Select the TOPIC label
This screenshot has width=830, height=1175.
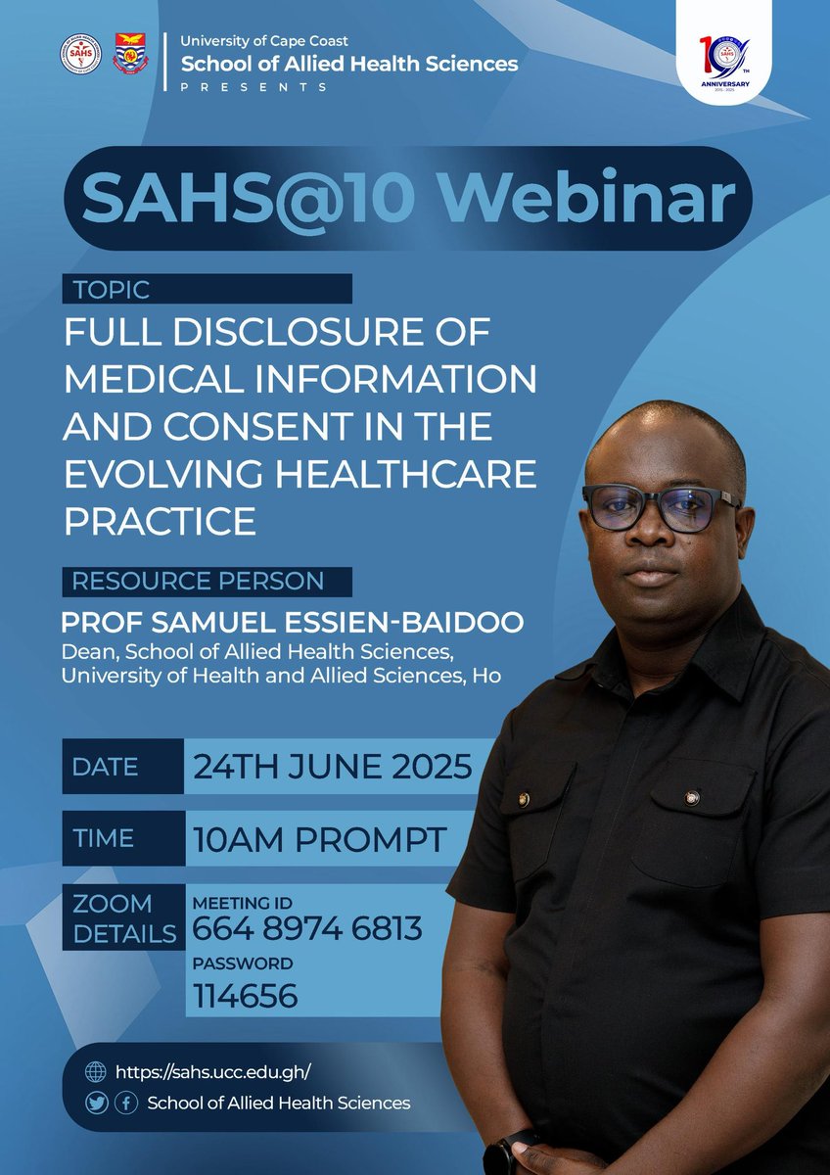coord(111,289)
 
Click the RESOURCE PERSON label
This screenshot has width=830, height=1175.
coord(198,581)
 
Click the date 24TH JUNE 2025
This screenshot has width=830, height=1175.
coord(333,766)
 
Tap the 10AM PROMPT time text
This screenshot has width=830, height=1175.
coord(320,838)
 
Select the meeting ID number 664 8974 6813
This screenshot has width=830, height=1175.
coord(307,927)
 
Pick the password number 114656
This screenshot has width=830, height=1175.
coord(246,996)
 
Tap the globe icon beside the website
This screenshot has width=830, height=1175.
coord(96,1072)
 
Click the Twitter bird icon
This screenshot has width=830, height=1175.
coord(96,1104)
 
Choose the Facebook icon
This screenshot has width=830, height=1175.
coord(125,1104)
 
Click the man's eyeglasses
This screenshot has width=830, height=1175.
coord(662,507)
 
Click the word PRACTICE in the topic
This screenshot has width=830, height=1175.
coord(160,520)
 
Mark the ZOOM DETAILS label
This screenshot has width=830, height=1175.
coord(113,917)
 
